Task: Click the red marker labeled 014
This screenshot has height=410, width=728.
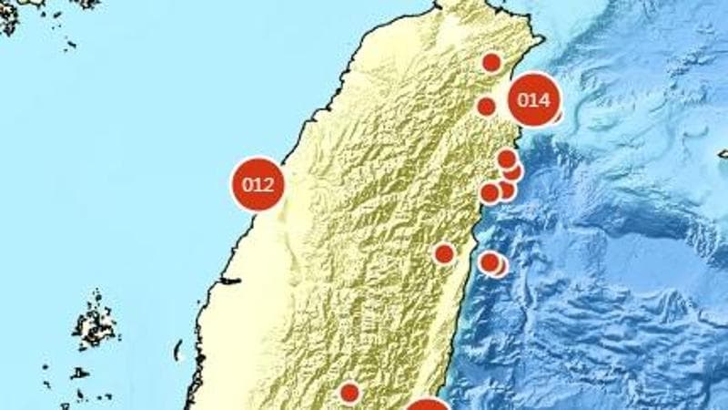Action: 533,100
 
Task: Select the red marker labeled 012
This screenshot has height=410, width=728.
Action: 258,183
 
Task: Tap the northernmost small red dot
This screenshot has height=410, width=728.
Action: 491,62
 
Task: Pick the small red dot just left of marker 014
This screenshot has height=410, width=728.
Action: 486,107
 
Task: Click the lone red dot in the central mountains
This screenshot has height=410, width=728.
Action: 444,253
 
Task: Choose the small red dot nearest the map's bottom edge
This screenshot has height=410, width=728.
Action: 349,393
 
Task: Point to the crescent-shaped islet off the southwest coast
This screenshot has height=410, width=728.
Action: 178,350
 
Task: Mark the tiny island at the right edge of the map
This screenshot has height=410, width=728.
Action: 723,154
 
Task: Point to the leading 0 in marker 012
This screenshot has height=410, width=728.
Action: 248,184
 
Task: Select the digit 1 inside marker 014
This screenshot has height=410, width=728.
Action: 533,100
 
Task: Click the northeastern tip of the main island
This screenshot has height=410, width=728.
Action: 543,39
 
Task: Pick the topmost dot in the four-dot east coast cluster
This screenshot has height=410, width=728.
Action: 507,159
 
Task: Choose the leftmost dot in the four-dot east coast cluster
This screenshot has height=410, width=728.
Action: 490,192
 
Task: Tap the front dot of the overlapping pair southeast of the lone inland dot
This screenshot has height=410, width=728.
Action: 490,262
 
